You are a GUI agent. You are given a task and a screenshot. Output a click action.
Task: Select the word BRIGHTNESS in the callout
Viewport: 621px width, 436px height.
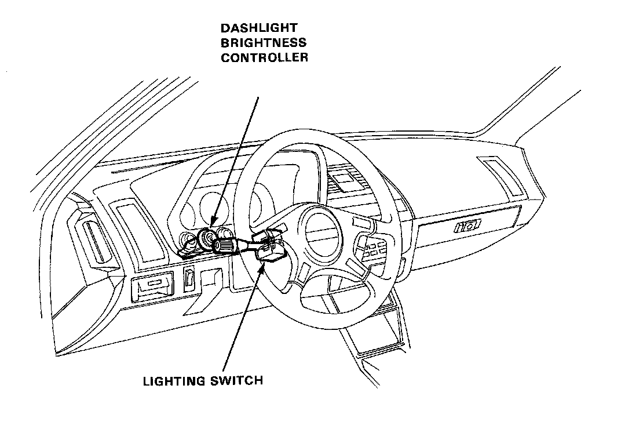[264, 43]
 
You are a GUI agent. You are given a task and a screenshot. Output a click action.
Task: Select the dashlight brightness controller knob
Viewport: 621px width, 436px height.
[206, 238]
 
